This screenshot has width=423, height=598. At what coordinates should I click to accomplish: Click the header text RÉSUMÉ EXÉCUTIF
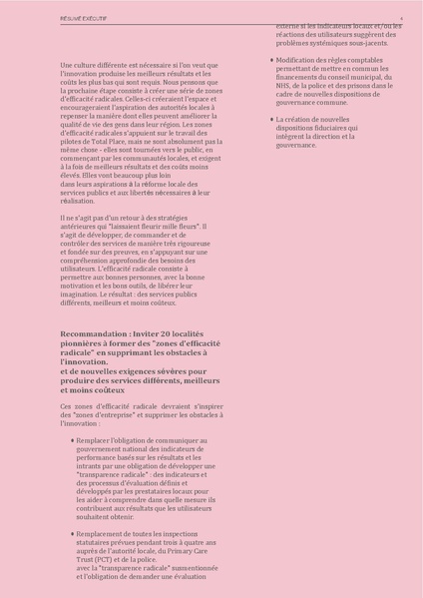tap(86, 18)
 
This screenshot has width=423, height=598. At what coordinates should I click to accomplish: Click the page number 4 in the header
tap(401, 18)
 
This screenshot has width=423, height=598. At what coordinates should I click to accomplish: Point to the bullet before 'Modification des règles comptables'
tap(270, 60)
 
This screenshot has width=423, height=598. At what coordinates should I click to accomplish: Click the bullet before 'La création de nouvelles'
tap(270, 119)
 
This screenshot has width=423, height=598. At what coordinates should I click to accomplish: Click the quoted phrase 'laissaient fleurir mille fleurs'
tap(163, 227)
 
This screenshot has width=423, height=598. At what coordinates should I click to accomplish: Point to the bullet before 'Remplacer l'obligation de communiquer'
tap(72, 439)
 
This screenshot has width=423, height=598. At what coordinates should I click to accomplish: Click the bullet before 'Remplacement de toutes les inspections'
tap(72, 534)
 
